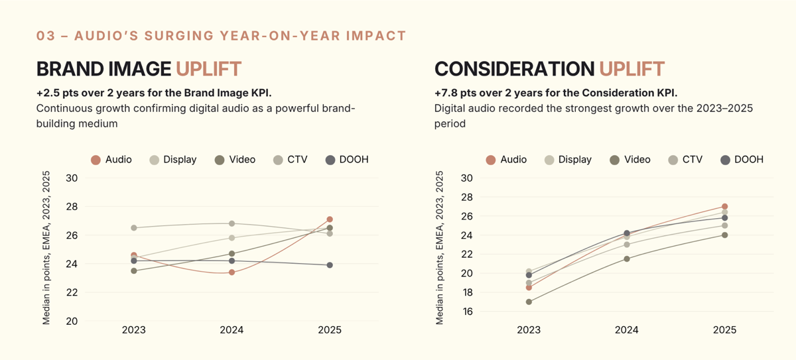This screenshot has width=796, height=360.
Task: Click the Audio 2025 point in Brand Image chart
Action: [330, 219]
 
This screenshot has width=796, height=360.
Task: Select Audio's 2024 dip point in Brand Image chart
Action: [232, 272]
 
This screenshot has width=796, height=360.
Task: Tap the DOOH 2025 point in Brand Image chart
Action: [330, 265]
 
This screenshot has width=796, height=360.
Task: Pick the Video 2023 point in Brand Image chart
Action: [134, 270]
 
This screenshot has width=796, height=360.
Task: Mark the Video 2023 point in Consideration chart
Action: [529, 302]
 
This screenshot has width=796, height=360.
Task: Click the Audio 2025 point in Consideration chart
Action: [725, 206]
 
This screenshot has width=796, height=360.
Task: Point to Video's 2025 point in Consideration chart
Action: [725, 235]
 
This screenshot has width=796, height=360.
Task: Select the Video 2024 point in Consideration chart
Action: [627, 259]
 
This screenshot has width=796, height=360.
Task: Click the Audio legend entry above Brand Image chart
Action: [111, 160]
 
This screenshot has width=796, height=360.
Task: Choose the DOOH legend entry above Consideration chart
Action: [742, 160]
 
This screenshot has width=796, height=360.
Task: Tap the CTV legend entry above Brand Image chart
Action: [291, 160]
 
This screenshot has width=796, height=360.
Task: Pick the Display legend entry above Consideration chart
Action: [568, 160]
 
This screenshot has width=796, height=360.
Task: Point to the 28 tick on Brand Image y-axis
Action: [72, 207]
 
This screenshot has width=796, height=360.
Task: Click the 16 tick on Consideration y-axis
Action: [466, 312]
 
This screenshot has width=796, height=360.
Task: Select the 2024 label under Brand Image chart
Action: [232, 330]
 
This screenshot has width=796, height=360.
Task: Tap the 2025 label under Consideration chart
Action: [725, 330]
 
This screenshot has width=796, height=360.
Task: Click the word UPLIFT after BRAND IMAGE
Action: [208, 68]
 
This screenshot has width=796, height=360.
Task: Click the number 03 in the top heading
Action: [46, 36]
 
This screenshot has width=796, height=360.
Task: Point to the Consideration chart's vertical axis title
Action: [440, 248]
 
